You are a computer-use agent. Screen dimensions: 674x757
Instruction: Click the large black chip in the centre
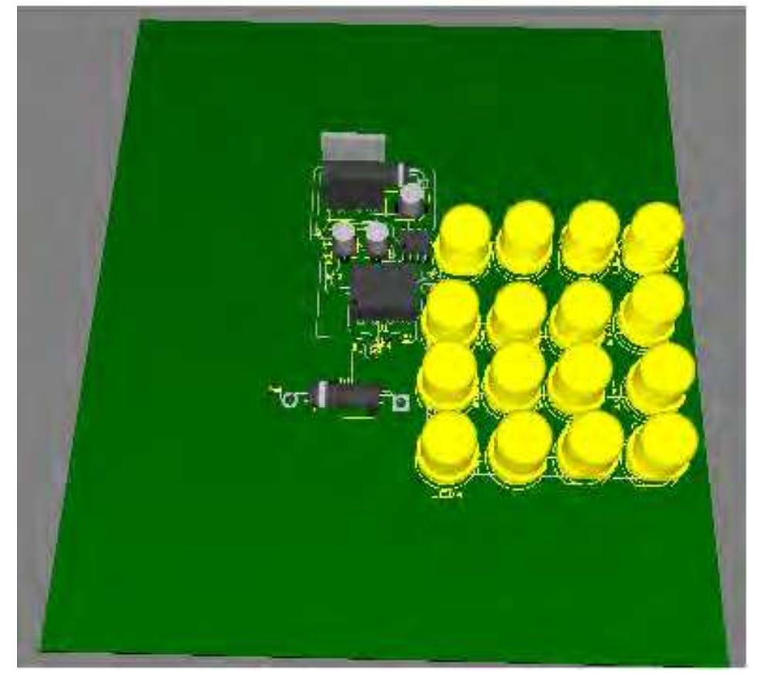click(383, 293)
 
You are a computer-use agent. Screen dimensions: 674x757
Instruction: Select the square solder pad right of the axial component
click(401, 402)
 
